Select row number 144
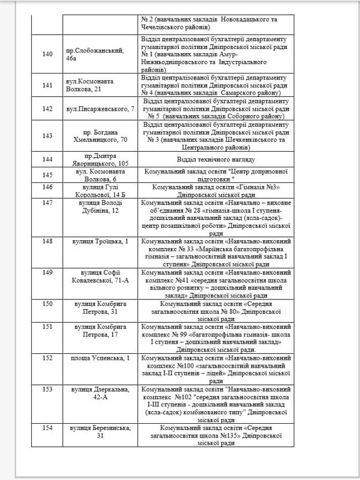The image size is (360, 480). (47, 160)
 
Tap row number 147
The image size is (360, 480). (47, 203)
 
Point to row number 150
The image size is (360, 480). (47, 305)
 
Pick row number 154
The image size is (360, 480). (47, 428)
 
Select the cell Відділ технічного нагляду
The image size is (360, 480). (216, 160)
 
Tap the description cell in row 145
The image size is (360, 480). (216, 175)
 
